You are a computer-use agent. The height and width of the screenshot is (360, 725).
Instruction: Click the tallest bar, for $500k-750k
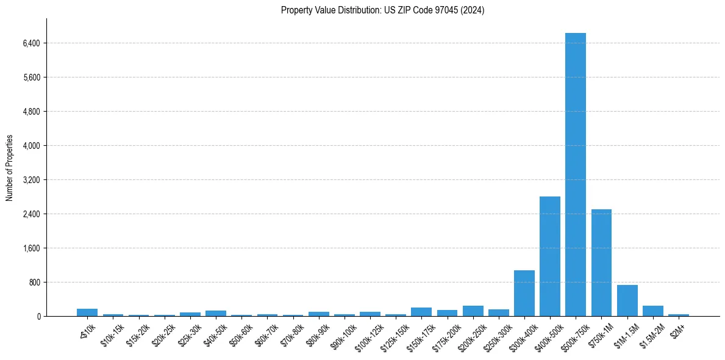[575, 175]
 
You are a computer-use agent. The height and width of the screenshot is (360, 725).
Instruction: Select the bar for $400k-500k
[549, 256]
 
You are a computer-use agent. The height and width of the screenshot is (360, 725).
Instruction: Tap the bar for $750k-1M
[601, 262]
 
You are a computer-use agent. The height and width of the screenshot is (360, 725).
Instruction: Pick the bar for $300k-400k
[524, 293]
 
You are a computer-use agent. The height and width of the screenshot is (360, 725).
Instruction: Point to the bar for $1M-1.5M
[627, 300]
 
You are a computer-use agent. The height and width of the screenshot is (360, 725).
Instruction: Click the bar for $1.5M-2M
[652, 311]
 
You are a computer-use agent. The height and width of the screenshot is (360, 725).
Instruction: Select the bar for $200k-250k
[473, 311]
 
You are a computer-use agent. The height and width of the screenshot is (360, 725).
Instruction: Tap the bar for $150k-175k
[421, 312]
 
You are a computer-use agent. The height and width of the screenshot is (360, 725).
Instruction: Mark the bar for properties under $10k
[87, 312]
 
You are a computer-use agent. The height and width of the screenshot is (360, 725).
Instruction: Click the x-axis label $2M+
[677, 330]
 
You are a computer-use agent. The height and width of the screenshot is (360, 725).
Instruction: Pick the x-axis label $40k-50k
[215, 333]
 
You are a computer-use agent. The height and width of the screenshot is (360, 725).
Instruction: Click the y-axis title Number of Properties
[9, 168]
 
